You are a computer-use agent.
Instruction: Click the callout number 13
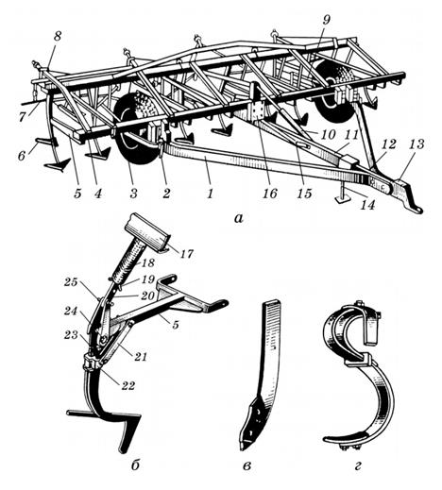tap(416, 144)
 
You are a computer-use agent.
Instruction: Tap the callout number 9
tap(326, 20)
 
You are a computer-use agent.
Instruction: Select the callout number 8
tap(57, 36)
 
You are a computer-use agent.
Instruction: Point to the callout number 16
tap(270, 194)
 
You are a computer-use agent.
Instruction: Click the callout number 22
tap(127, 385)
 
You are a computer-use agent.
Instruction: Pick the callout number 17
tap(186, 253)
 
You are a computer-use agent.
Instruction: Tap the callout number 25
tap(70, 281)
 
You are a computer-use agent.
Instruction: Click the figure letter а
tap(239, 218)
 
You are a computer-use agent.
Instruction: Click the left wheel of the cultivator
tap(137, 128)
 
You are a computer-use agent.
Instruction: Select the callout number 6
tap(22, 155)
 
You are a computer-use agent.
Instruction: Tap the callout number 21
tap(140, 357)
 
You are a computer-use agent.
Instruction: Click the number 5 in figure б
tap(176, 324)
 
